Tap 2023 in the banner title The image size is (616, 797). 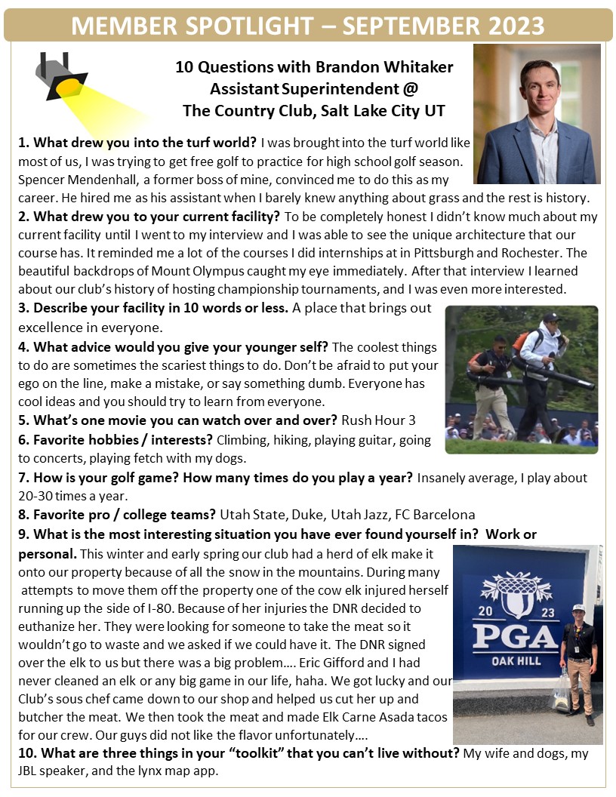511,26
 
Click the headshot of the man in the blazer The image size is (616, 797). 537,113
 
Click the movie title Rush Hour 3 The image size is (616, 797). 378,420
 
